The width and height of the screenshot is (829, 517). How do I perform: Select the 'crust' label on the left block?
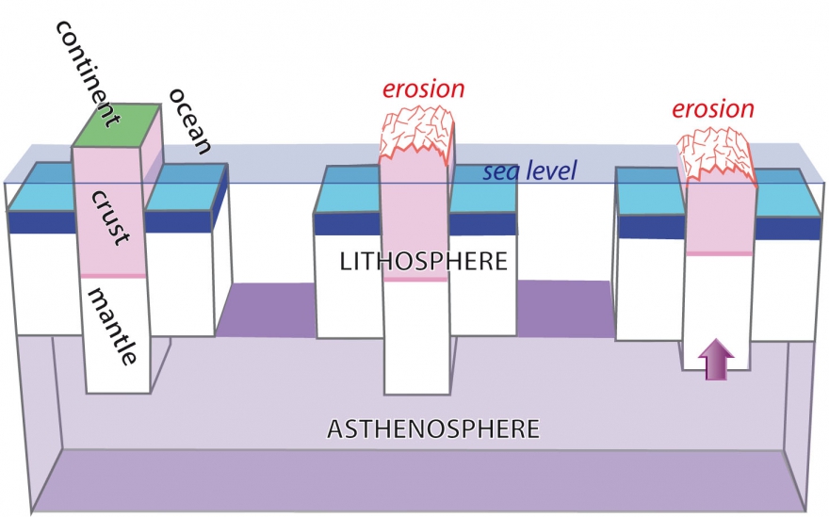[110, 216]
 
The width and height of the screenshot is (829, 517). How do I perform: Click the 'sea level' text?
[528, 172]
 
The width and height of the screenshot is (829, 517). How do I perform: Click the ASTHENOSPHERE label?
[432, 430]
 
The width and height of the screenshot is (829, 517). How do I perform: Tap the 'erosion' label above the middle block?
[422, 89]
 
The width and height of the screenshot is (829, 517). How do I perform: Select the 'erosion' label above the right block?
[712, 108]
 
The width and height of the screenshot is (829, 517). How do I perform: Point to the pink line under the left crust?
[113, 275]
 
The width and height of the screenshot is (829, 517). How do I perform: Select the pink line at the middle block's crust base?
[415, 279]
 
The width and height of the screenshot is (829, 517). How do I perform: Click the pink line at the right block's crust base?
[718, 253]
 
